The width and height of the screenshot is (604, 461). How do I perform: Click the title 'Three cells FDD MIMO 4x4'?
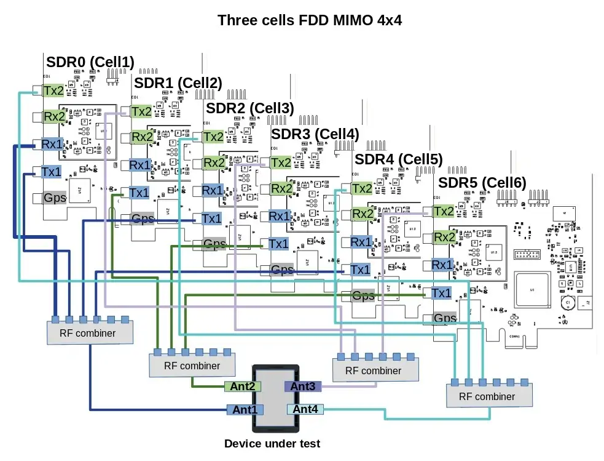click(310, 20)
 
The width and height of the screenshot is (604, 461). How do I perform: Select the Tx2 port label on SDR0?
click(53, 90)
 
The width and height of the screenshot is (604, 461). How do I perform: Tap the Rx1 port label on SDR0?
click(52, 144)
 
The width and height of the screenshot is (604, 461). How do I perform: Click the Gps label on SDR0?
click(55, 198)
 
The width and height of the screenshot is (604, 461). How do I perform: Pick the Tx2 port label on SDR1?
click(141, 111)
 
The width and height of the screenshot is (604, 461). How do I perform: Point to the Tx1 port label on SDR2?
click(211, 218)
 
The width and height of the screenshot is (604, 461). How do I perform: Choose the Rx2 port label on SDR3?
click(282, 188)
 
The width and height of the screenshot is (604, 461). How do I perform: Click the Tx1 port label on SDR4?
click(360, 269)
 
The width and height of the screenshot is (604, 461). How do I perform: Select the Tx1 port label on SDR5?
click(441, 293)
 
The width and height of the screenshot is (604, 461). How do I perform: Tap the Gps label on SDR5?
click(445, 318)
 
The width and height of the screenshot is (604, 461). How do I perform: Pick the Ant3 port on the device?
click(302, 387)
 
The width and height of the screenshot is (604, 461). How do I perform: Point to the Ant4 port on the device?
click(305, 409)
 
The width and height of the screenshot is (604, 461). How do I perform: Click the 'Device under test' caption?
click(272, 443)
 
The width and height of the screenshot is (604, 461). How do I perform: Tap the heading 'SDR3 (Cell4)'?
click(315, 134)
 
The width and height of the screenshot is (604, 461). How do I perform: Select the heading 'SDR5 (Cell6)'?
click(482, 183)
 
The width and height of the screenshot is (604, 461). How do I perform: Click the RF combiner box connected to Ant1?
click(90, 333)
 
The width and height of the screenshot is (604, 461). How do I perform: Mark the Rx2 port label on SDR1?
click(142, 137)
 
